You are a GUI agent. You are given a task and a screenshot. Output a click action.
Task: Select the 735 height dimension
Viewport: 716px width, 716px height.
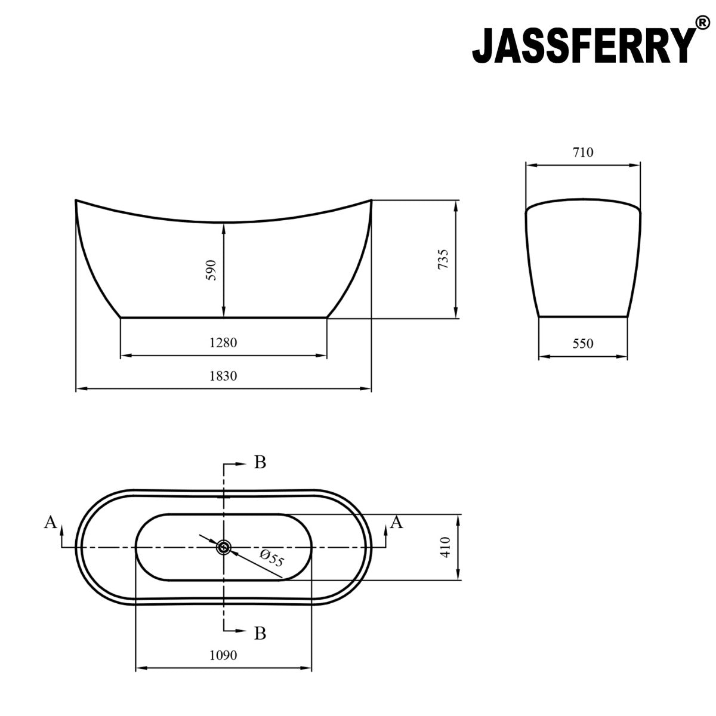click(x=443, y=260)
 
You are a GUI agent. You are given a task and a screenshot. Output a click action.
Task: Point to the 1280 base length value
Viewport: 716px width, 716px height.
click(x=223, y=342)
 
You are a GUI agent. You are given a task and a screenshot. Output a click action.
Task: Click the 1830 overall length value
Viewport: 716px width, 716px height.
click(x=223, y=376)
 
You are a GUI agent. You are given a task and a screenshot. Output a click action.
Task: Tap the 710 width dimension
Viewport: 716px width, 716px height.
click(x=583, y=152)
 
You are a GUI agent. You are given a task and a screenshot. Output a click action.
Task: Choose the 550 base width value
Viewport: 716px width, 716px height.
click(x=583, y=344)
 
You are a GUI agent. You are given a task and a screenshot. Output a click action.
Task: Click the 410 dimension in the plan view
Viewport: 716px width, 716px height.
click(x=444, y=547)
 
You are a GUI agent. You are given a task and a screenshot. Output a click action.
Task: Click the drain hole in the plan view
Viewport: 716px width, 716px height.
click(x=224, y=547)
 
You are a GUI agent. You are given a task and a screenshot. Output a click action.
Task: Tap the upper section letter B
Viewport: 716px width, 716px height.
click(x=260, y=462)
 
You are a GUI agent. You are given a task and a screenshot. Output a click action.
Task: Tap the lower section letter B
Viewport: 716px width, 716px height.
click(x=260, y=632)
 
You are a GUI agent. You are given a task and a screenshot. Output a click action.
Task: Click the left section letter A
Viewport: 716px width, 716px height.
click(x=51, y=523)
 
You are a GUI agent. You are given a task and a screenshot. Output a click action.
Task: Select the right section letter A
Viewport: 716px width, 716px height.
click(x=397, y=523)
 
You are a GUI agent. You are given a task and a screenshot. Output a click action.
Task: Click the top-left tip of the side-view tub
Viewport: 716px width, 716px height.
click(x=76, y=200)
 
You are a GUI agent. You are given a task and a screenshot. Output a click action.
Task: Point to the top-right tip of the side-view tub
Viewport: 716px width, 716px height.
click(x=371, y=200)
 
